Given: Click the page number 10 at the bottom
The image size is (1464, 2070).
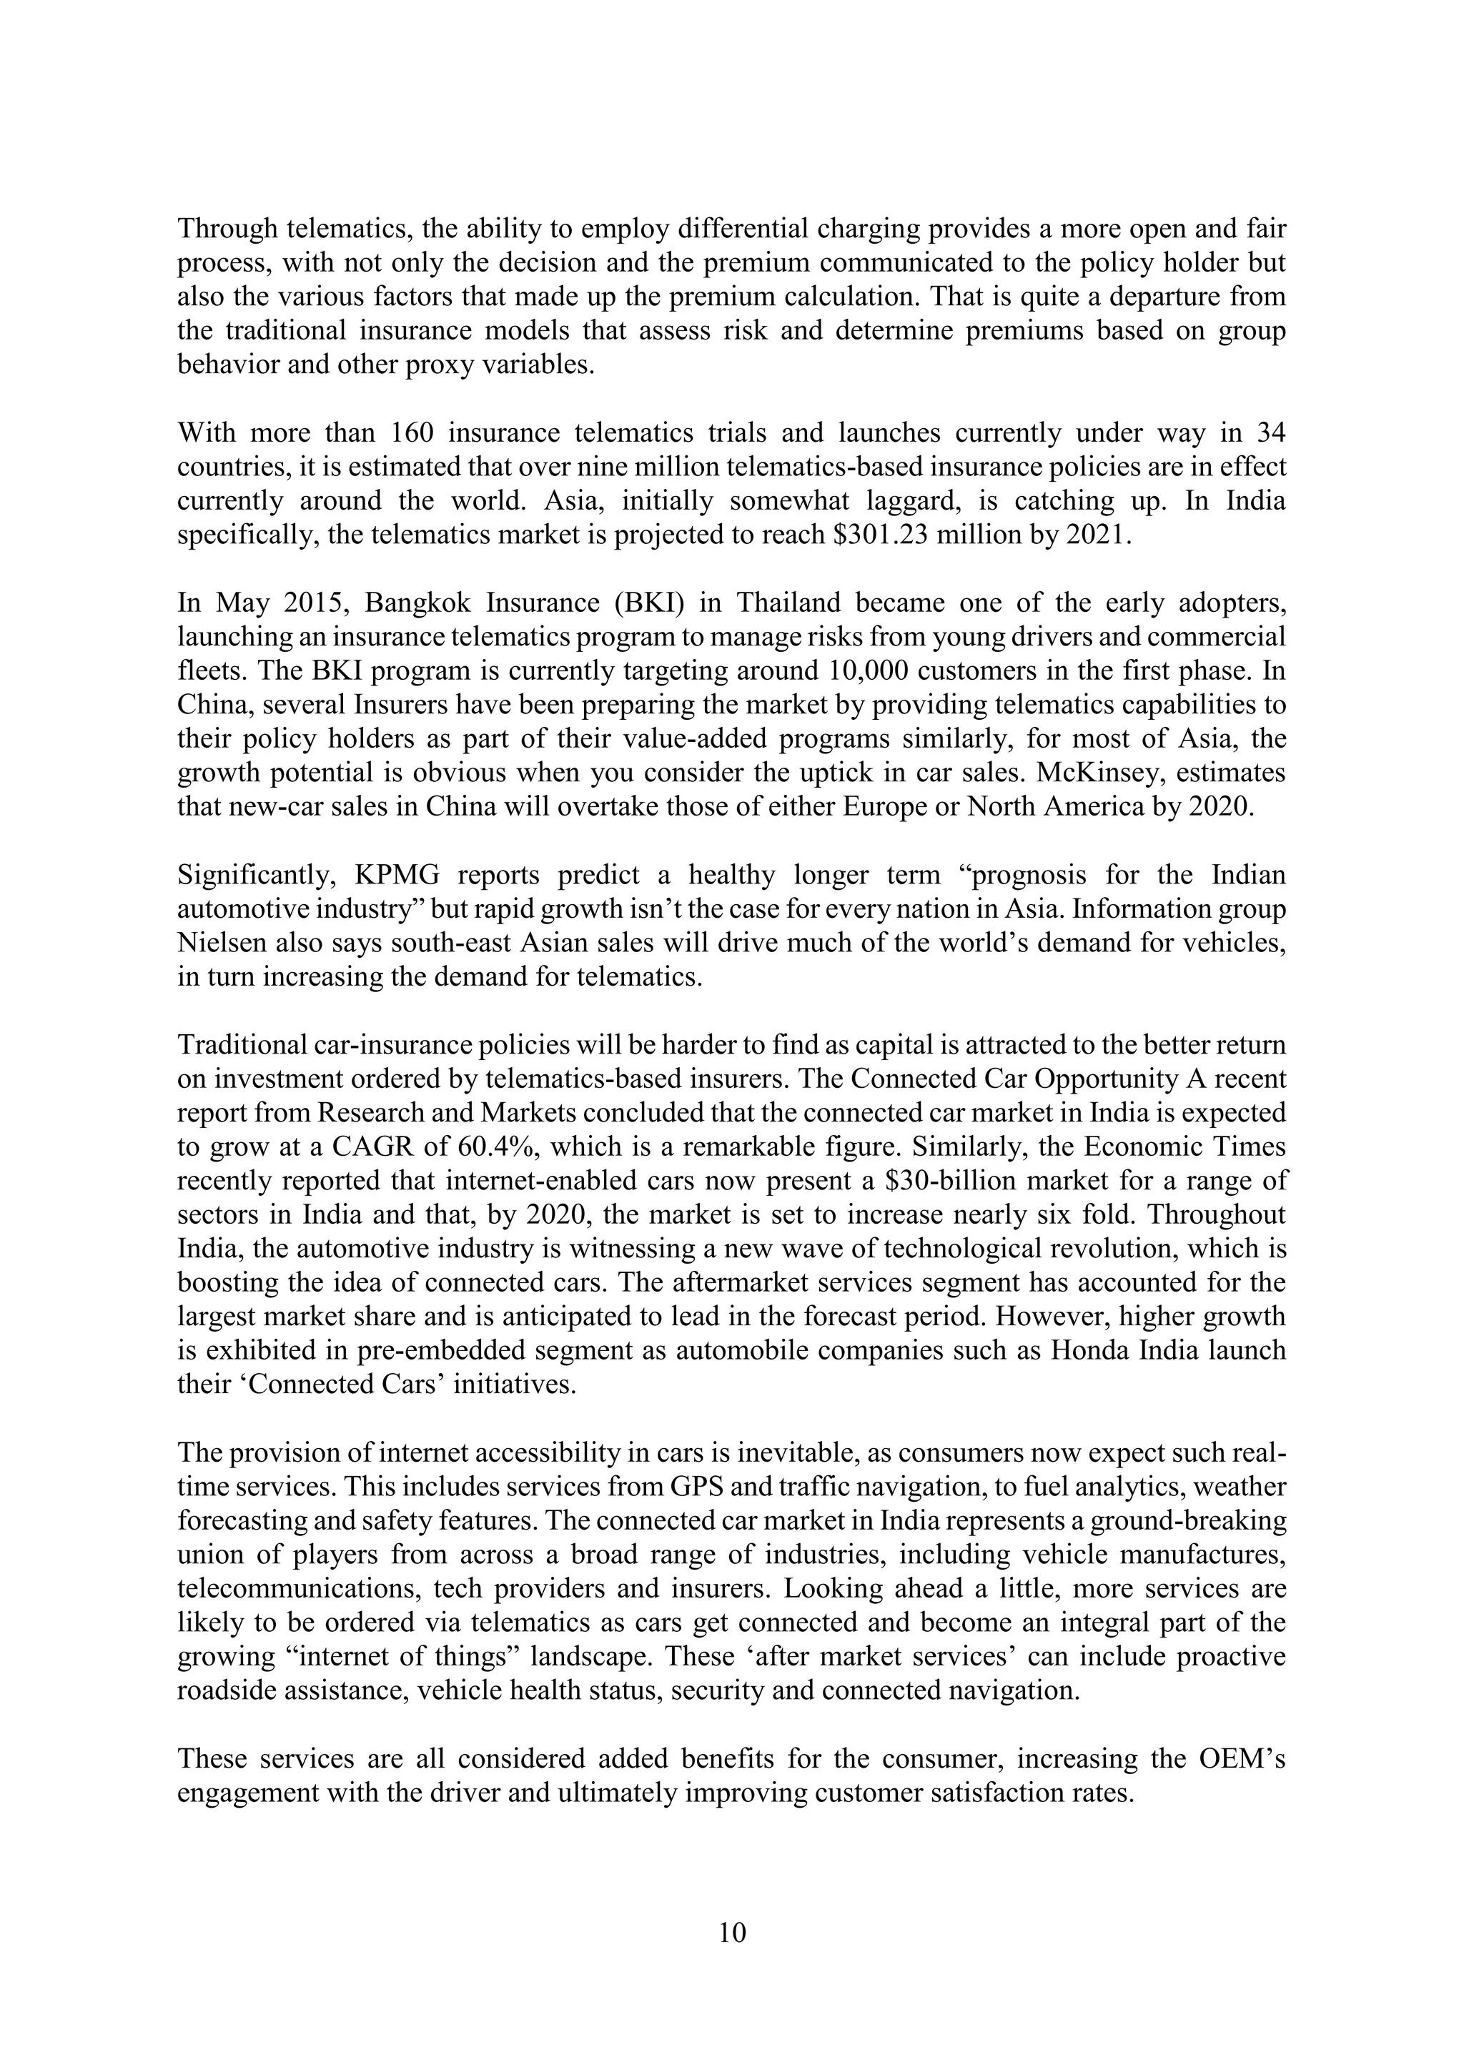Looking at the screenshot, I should [x=732, y=1932].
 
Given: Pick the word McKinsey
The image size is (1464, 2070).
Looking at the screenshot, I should [x=1102, y=773].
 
